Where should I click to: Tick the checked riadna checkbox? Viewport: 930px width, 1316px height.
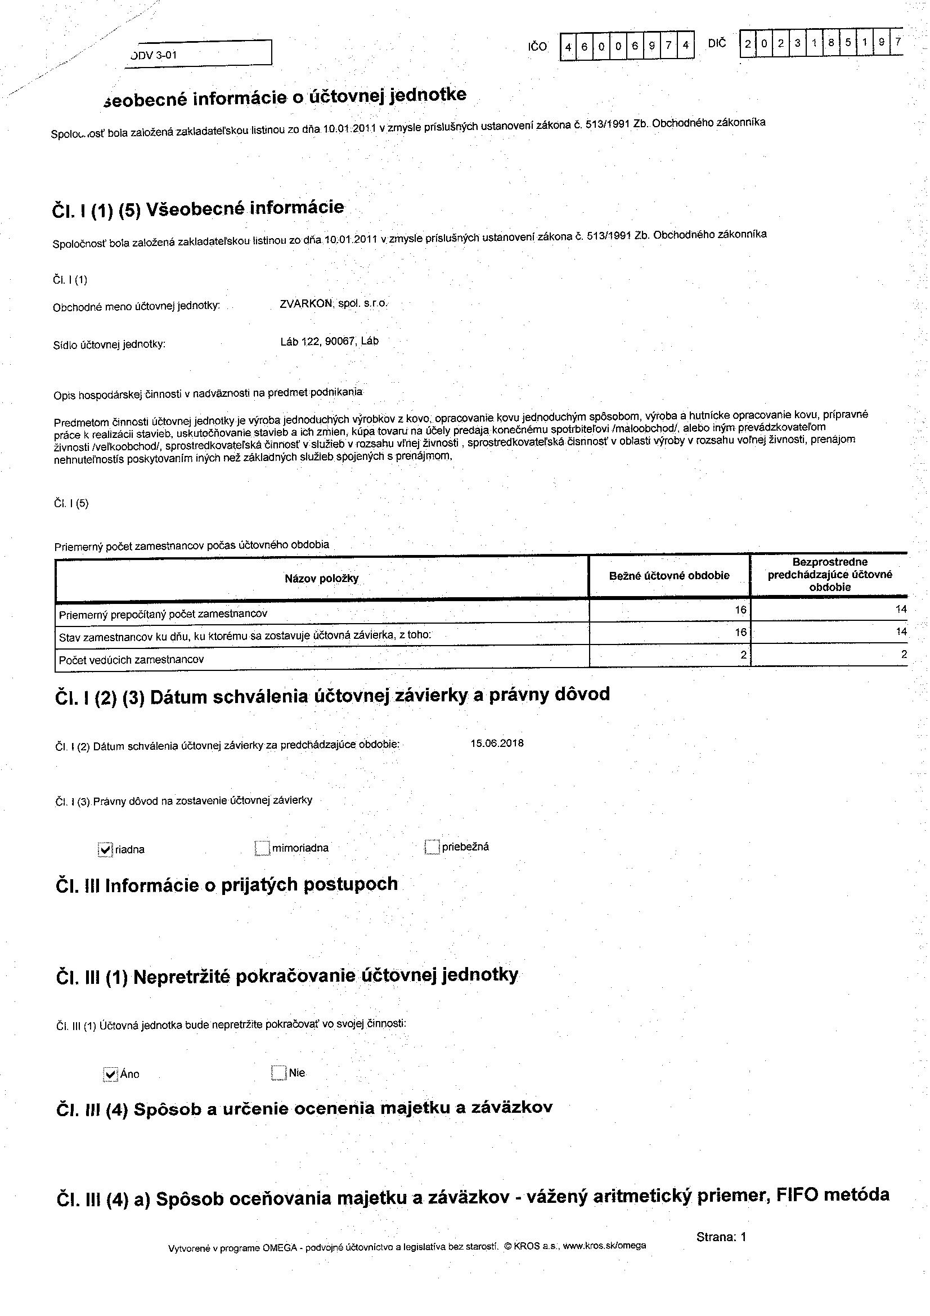[105, 849]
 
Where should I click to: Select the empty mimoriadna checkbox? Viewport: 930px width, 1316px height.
[262, 848]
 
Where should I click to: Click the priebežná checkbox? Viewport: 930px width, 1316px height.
[432, 847]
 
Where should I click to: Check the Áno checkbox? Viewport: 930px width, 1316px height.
[110, 1074]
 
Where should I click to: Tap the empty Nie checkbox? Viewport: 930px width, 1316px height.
[278, 1072]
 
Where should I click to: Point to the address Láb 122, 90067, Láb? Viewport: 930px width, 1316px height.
[330, 341]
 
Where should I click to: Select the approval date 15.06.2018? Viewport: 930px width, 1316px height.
[497, 744]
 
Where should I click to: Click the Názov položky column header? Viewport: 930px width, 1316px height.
[321, 578]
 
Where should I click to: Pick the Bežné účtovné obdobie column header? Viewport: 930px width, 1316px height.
[669, 575]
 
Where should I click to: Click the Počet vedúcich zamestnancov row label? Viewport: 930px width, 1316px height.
[131, 660]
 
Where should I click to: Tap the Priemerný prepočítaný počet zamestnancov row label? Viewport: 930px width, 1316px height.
[163, 614]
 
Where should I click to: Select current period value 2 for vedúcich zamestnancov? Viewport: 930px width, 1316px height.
[743, 655]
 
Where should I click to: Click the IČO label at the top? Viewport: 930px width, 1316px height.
[537, 46]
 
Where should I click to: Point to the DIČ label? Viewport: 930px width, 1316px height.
[717, 43]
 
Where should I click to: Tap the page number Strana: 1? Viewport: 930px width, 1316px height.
[721, 1237]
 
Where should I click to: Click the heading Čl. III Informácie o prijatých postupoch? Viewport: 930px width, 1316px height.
[227, 885]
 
